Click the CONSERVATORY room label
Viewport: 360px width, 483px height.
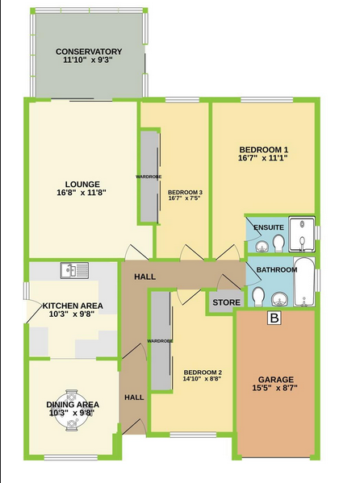coord(89,52)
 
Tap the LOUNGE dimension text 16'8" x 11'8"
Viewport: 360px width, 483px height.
coord(82,193)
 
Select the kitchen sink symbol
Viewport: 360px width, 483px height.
coord(74,271)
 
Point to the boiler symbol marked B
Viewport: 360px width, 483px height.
coord(274,318)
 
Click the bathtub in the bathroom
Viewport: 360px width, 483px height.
coord(304,282)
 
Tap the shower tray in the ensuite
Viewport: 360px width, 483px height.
coord(302,235)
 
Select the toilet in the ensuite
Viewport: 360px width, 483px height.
coord(278,244)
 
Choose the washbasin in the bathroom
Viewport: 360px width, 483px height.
coord(280,299)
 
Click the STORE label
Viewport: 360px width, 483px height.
coord(227,302)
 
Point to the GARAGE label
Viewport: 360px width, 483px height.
coord(276,380)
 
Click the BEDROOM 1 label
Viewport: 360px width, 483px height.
coord(264,150)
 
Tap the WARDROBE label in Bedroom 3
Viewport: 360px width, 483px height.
coord(149,177)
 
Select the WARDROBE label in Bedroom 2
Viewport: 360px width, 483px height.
coord(160,341)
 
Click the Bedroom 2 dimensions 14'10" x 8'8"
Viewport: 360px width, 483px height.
coord(203,379)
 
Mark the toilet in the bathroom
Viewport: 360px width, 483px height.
coord(257,297)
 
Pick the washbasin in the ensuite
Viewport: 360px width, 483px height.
coord(262,247)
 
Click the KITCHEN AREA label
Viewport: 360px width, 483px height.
coord(73,306)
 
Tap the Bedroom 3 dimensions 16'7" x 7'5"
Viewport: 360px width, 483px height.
coord(185,198)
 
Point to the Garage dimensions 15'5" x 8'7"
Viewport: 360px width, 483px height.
coord(275,388)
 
